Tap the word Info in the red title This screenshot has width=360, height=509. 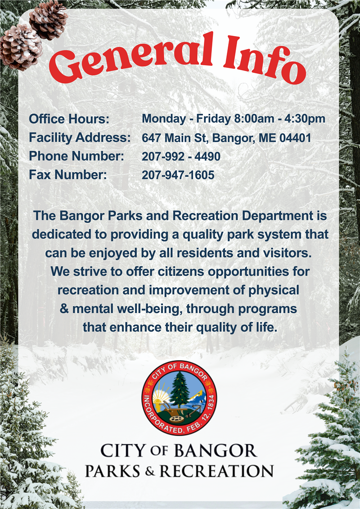pyautogui.click(x=265, y=60)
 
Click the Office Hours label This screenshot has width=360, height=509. pyautogui.click(x=69, y=119)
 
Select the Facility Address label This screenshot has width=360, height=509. pyautogui.click(x=80, y=138)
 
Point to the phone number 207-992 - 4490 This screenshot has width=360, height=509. pyautogui.click(x=181, y=157)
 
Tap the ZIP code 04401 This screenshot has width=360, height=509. pyautogui.click(x=295, y=138)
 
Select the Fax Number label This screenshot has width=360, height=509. pyautogui.click(x=68, y=175)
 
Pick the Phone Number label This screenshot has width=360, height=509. pyautogui.click(x=76, y=156)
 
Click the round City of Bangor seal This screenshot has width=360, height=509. pyautogui.click(x=179, y=398)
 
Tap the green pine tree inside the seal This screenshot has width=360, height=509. pyautogui.click(x=179, y=390)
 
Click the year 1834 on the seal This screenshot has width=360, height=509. pyautogui.click(x=211, y=405)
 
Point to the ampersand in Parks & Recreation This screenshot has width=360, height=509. pyautogui.click(x=150, y=471)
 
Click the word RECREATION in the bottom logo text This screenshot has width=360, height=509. pyautogui.click(x=216, y=471)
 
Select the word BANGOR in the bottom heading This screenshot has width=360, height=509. pyautogui.click(x=215, y=451)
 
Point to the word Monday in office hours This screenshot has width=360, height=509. pyautogui.click(x=164, y=119)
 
